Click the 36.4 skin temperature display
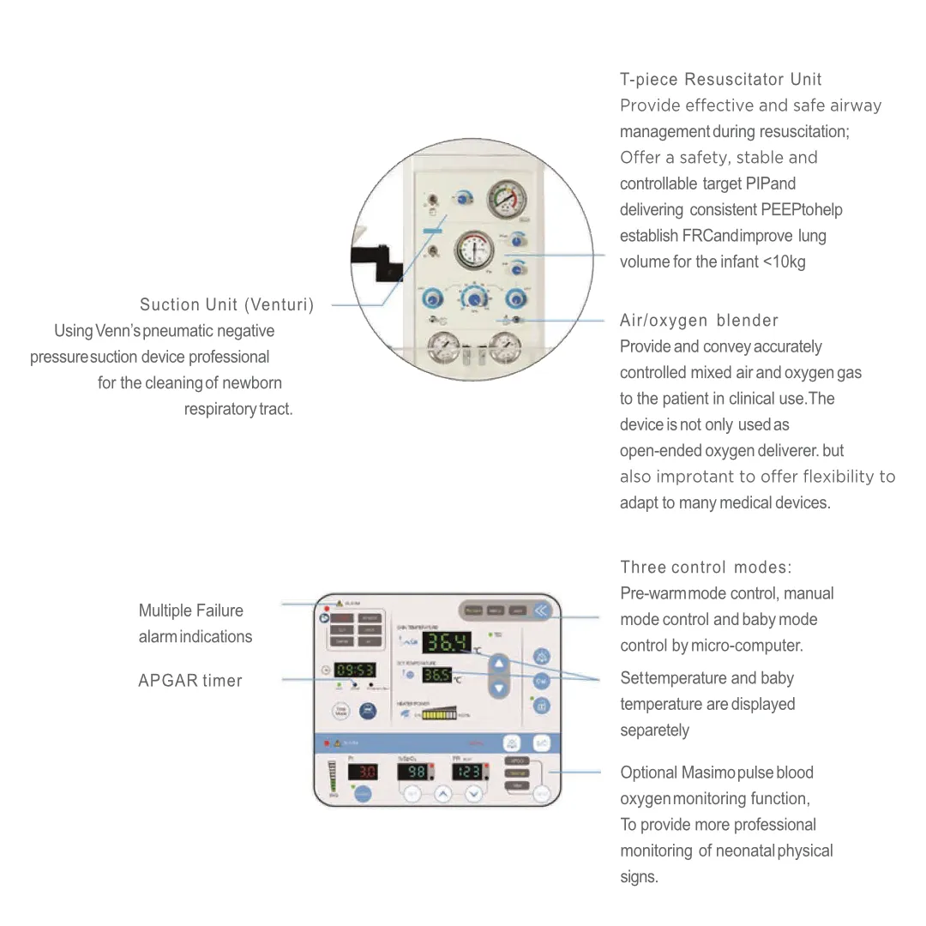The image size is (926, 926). pos(447,642)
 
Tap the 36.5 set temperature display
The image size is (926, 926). pos(436,675)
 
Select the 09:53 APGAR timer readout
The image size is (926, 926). pos(353,670)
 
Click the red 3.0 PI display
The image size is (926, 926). pos(362,772)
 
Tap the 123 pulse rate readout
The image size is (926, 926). pos(467,772)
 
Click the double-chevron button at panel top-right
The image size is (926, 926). pos(541,610)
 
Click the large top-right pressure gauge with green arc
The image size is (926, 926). pos(506,201)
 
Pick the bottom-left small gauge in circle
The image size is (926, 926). pos(443,350)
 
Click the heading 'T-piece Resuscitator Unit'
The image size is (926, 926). pos(720,80)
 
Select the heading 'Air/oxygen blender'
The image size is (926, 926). pos(699,321)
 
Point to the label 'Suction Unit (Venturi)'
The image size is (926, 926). pos(227,305)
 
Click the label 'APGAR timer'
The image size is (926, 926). pos(190,681)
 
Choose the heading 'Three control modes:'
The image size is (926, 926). pos(706,568)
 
